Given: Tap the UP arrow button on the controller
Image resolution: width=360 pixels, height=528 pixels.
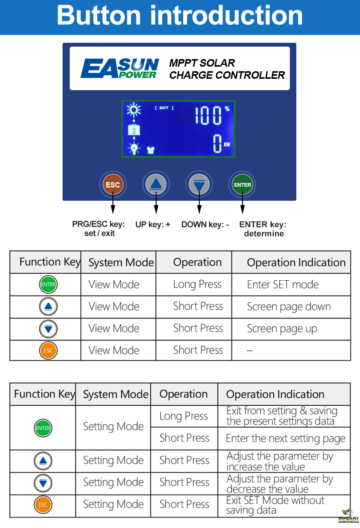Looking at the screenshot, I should pyautogui.click(x=156, y=184).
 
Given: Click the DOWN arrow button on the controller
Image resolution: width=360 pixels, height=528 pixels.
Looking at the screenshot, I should pyautogui.click(x=199, y=184).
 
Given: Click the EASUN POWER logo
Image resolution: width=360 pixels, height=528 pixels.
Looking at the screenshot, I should pyautogui.click(x=120, y=69).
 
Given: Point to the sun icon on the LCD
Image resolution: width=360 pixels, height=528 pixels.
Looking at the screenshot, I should pyautogui.click(x=133, y=110).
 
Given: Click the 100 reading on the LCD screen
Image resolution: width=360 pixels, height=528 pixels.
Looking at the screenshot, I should pyautogui.click(x=208, y=115).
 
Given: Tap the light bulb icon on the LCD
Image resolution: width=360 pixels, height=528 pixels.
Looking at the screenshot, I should pyautogui.click(x=134, y=148).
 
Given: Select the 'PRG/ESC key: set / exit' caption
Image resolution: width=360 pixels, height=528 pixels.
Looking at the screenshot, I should pyautogui.click(x=99, y=229).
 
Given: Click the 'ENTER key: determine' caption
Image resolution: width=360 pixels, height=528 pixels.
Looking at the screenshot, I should pyautogui.click(x=263, y=229).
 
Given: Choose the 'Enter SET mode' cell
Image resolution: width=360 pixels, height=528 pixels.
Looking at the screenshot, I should pyautogui.click(x=283, y=284).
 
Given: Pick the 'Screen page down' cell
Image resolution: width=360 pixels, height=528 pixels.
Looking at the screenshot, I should pyautogui.click(x=289, y=306).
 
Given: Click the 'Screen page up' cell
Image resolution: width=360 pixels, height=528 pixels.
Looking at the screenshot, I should pyautogui.click(x=282, y=328).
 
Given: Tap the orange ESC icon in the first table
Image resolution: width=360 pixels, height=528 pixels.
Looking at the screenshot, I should pyautogui.click(x=48, y=350).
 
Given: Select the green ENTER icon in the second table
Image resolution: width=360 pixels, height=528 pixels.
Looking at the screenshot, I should pyautogui.click(x=43, y=428).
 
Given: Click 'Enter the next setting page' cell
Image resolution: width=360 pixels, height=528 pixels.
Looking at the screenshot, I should pyautogui.click(x=285, y=438).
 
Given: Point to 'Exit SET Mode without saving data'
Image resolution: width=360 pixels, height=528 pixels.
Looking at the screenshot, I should pyautogui.click(x=275, y=505).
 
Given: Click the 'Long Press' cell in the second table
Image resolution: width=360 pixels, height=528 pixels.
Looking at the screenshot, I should pyautogui.click(x=184, y=416).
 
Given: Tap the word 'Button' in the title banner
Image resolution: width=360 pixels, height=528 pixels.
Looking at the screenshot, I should pyautogui.click(x=99, y=16).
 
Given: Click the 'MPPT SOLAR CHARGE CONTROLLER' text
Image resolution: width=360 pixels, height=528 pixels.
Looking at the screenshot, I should pyautogui.click(x=227, y=69).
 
